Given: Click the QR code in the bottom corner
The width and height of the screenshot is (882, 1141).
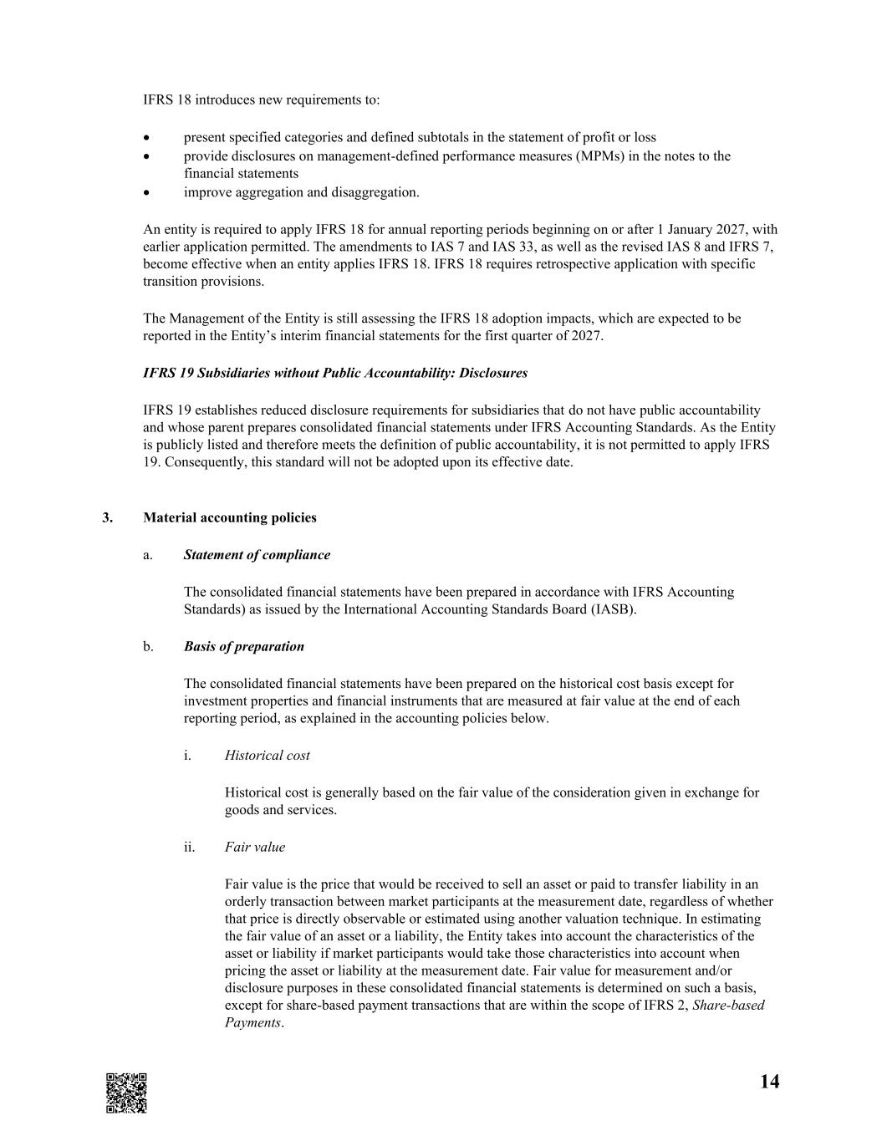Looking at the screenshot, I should tap(126, 1093).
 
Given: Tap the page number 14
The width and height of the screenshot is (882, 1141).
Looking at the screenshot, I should tap(769, 1082).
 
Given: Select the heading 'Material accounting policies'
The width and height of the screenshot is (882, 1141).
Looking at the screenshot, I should tap(230, 517).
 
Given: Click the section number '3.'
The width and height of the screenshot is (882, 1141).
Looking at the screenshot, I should tap(107, 517).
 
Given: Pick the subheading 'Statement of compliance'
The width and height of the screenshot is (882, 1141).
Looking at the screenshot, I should tap(257, 554).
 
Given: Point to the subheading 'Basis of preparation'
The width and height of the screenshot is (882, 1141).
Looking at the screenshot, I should tap(243, 646).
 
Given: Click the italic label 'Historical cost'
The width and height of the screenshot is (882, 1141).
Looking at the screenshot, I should tap(267, 755).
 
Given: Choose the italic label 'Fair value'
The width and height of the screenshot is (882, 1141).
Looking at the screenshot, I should tap(254, 847).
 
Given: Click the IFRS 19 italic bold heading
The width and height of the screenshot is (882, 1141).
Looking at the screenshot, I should tap(335, 373).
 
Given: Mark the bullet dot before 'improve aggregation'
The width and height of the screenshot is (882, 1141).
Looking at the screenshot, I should tap(147, 192).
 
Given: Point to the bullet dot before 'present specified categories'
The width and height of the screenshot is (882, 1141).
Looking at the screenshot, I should tap(147, 137).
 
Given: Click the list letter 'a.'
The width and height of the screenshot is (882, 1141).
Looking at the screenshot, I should tap(148, 554).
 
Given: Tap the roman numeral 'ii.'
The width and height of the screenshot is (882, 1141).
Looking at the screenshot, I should tap(189, 847).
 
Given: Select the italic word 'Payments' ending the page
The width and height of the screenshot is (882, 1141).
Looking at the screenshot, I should tap(252, 1022).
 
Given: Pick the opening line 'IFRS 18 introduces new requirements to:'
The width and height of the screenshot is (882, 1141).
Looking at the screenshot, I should tap(261, 99).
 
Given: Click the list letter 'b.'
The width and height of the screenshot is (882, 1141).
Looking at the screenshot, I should tap(148, 646).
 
